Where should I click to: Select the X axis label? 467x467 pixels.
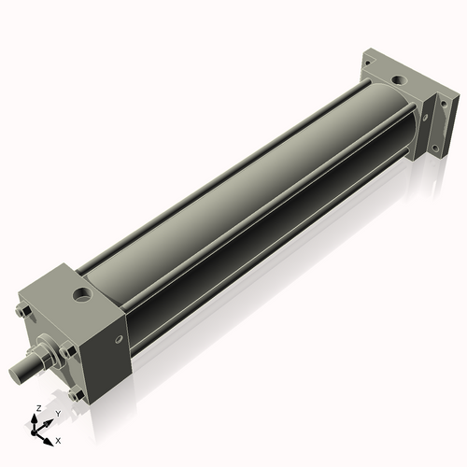point(58,439)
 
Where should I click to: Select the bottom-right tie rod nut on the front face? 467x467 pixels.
point(75,393)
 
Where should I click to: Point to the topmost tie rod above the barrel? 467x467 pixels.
point(224,159)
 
